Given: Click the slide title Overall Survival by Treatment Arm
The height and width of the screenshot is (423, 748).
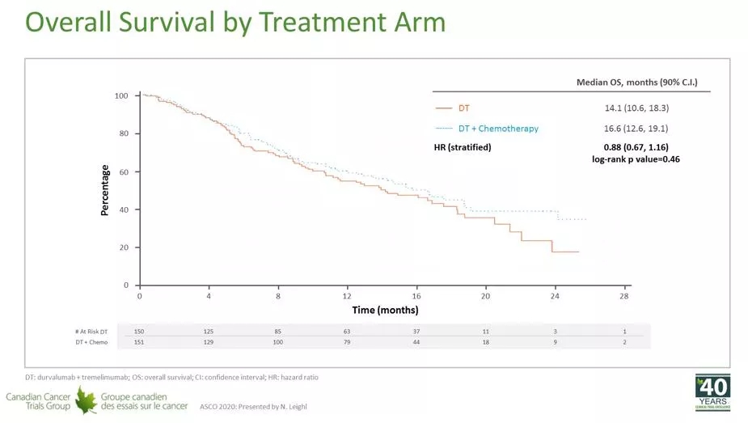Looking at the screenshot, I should point(235,22).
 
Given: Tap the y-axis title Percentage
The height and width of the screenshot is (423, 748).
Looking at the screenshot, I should point(105,190).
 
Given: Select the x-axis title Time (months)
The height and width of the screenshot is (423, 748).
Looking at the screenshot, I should point(385,310).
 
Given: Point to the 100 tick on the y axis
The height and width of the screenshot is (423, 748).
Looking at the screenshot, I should point(122,96).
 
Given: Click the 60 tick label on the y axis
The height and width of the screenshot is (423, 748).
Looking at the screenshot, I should point(125,172).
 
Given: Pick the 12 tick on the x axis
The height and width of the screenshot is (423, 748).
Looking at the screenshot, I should point(347,296).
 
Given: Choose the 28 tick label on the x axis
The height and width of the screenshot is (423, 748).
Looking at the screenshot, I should point(624,296).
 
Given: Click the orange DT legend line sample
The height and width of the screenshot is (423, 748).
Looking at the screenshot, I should point(442,108).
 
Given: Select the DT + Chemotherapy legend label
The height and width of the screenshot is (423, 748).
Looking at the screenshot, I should point(498,129).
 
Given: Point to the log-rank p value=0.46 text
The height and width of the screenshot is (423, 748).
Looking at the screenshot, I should point(636,159).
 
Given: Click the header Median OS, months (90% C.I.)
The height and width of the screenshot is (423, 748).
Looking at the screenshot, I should point(636,82).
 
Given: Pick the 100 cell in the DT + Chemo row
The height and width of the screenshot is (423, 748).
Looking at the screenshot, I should point(278,342).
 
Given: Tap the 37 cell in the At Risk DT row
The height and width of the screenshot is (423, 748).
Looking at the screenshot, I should point(417,330).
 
